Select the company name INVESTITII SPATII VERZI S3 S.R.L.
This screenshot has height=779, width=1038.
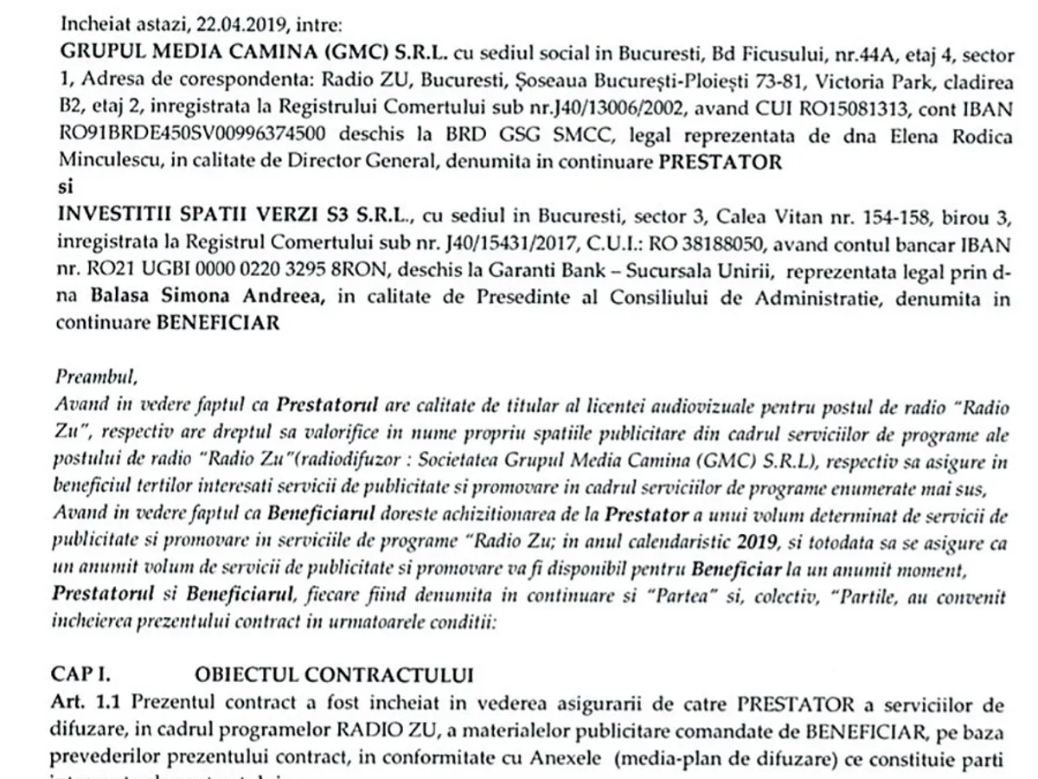[204, 214]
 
